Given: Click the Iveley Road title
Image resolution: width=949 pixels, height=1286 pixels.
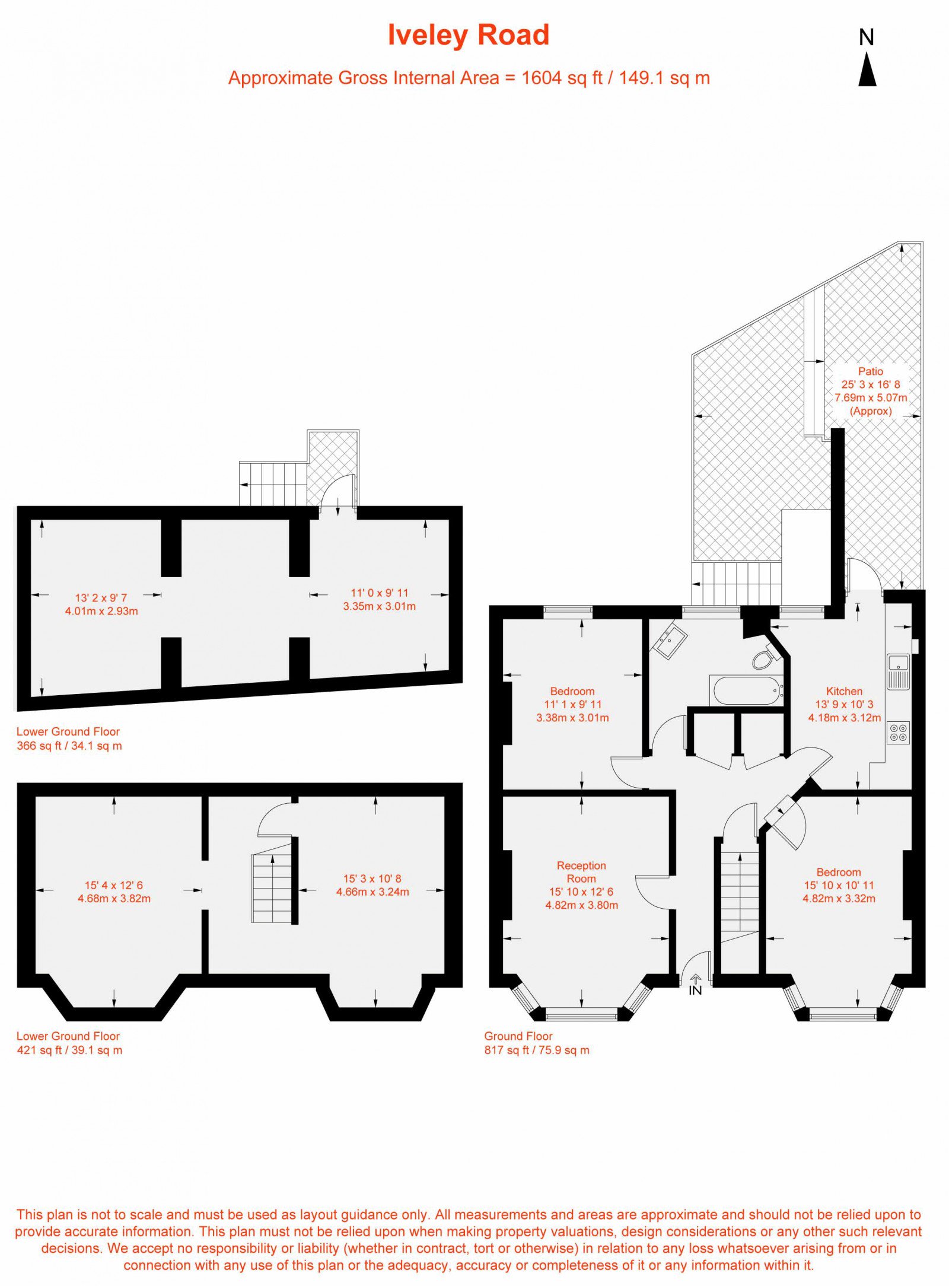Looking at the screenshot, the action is click(468, 35).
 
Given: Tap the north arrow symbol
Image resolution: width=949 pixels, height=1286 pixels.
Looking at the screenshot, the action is click(867, 69).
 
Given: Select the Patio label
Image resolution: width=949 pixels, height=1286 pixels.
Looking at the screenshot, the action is click(871, 371).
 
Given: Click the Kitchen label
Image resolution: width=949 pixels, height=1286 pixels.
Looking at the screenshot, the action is click(844, 691).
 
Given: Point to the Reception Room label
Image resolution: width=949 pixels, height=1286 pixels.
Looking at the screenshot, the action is click(581, 872).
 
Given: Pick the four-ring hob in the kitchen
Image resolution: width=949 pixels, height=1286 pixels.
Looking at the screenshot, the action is click(898, 732).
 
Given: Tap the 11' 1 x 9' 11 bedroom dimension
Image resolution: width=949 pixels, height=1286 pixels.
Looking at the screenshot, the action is click(573, 704).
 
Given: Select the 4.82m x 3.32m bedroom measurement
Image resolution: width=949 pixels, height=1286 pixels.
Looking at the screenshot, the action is click(839, 898).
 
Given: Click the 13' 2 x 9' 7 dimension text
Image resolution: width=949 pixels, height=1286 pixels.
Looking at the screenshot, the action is click(101, 598).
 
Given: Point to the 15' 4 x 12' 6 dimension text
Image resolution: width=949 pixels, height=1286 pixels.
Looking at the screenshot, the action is click(114, 885).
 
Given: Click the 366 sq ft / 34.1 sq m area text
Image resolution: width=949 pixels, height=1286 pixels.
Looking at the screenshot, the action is click(69, 746).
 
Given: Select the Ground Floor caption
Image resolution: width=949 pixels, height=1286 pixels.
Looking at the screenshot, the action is click(518, 1036).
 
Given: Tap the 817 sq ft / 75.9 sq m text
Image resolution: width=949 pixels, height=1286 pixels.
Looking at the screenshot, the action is click(537, 1050).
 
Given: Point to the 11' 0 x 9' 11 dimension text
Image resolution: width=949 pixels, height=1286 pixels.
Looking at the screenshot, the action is click(380, 593).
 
